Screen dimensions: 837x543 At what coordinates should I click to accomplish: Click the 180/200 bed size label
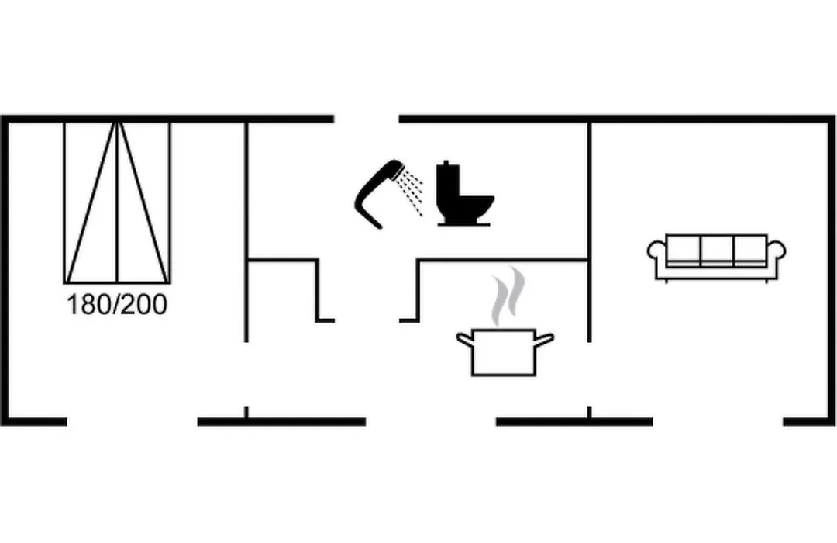tap(117, 305)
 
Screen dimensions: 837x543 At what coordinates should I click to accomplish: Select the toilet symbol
tap(464, 193)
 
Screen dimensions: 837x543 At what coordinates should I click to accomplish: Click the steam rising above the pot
tap(508, 296)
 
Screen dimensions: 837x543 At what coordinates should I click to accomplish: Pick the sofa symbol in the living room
tap(716, 258)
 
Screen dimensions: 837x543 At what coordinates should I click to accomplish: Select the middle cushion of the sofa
tap(717, 250)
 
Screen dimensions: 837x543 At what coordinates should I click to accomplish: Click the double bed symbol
tap(117, 202)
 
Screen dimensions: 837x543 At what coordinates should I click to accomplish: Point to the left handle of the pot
tap(465, 339)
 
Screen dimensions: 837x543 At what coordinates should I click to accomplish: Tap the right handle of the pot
tap(545, 339)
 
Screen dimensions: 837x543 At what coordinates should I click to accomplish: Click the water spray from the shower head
tap(412, 192)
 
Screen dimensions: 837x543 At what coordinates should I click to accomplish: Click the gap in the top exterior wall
tap(367, 119)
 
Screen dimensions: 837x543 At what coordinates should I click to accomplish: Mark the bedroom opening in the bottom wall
tap(133, 422)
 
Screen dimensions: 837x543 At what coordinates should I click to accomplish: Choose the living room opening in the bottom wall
tap(718, 422)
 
